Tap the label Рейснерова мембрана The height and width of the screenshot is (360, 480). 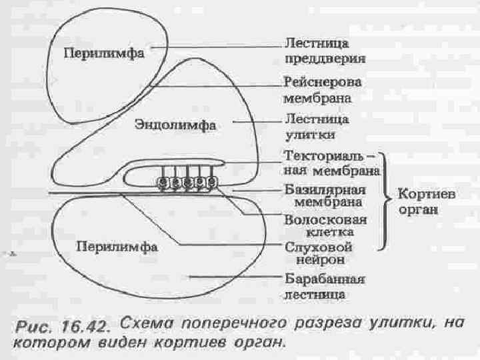point(323,89)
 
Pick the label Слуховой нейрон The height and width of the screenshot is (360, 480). point(319,253)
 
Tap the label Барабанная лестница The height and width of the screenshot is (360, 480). point(325,285)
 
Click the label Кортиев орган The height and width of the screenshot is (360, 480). point(427,202)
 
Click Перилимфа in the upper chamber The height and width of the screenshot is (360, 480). point(104,54)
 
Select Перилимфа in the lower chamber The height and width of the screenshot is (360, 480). point(116,246)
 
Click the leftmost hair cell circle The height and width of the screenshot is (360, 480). point(162,182)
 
